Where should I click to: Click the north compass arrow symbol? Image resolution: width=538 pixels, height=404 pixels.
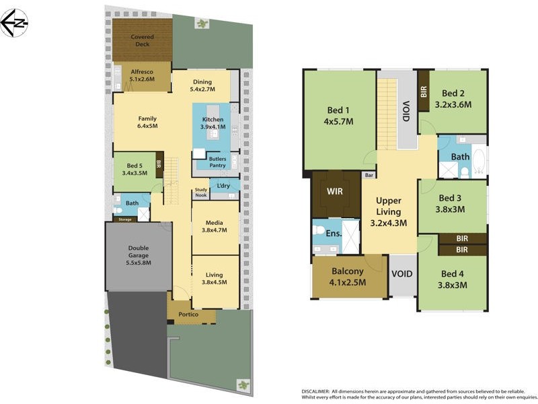[13, 23]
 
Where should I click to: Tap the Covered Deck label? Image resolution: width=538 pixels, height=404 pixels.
[142, 40]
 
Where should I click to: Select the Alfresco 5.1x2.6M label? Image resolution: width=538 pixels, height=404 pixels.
[142, 75]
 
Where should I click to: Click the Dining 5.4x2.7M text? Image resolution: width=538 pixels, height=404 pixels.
[202, 86]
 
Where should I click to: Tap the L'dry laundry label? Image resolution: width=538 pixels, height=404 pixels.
[223, 185]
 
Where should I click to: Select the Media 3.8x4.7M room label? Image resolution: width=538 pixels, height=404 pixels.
[215, 226]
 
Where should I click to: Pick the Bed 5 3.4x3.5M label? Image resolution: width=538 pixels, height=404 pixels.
[134, 169]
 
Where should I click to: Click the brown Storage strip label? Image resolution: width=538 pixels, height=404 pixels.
[124, 219]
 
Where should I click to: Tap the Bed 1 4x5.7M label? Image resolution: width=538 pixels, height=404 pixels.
[338, 116]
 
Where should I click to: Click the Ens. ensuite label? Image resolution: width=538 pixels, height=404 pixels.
[333, 234]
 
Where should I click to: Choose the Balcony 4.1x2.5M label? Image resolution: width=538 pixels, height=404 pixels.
[348, 277]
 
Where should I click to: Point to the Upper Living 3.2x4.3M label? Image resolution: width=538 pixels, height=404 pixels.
[389, 212]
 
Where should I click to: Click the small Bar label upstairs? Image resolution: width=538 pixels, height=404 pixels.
[369, 175]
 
